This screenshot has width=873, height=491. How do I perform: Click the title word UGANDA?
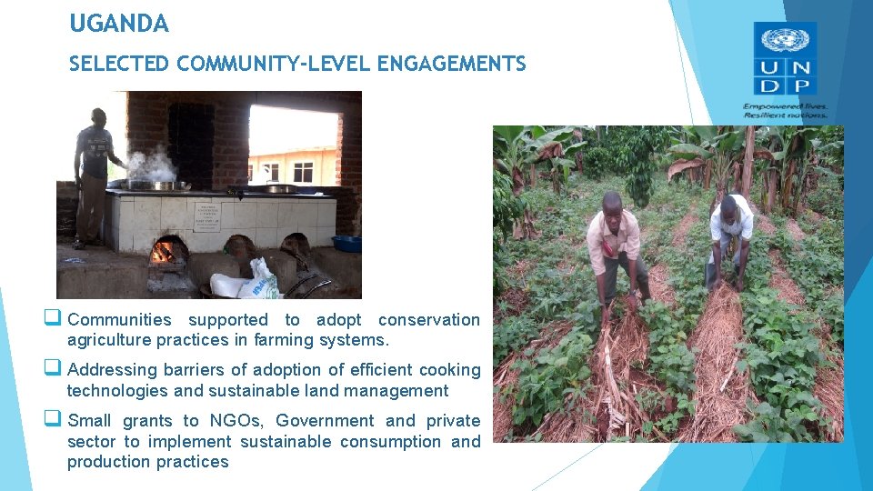coord(119,25)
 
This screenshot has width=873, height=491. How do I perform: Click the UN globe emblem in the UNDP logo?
coord(785,40)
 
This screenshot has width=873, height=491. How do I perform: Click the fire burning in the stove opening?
coord(164,252)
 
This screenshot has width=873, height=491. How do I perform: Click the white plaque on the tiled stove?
coord(207,217)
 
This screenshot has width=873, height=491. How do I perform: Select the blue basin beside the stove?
coord(347,243)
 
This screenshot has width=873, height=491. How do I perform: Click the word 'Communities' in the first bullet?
coord(119,320)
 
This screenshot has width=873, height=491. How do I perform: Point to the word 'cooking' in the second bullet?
coord(450,370)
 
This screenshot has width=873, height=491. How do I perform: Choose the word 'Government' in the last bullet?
coord(325,421)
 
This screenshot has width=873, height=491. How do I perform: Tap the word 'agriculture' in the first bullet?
coord(108,340)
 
